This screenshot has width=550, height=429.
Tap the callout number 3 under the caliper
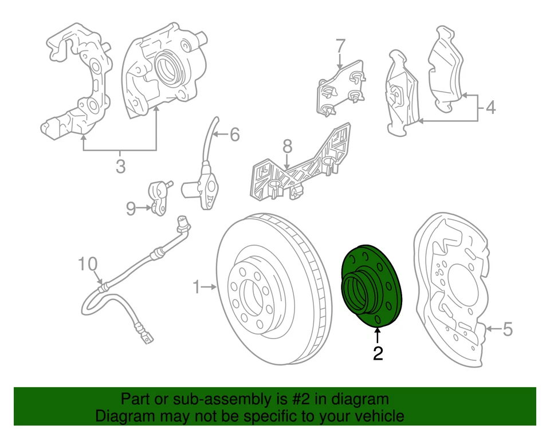[120, 167]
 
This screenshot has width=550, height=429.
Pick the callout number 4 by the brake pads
[490, 107]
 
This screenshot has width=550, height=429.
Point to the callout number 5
[507, 329]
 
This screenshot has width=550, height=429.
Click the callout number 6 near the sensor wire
[234, 135]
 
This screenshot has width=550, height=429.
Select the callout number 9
[131, 209]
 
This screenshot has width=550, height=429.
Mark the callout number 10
[89, 264]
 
